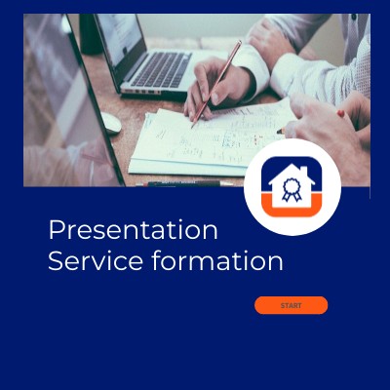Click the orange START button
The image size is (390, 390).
(x=291, y=305)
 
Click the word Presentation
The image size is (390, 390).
(x=133, y=230)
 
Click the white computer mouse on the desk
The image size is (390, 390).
(x=110, y=123)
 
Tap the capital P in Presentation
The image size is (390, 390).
(x=56, y=230)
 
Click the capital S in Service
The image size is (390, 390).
(x=55, y=261)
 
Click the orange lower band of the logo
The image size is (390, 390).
(x=292, y=206)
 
